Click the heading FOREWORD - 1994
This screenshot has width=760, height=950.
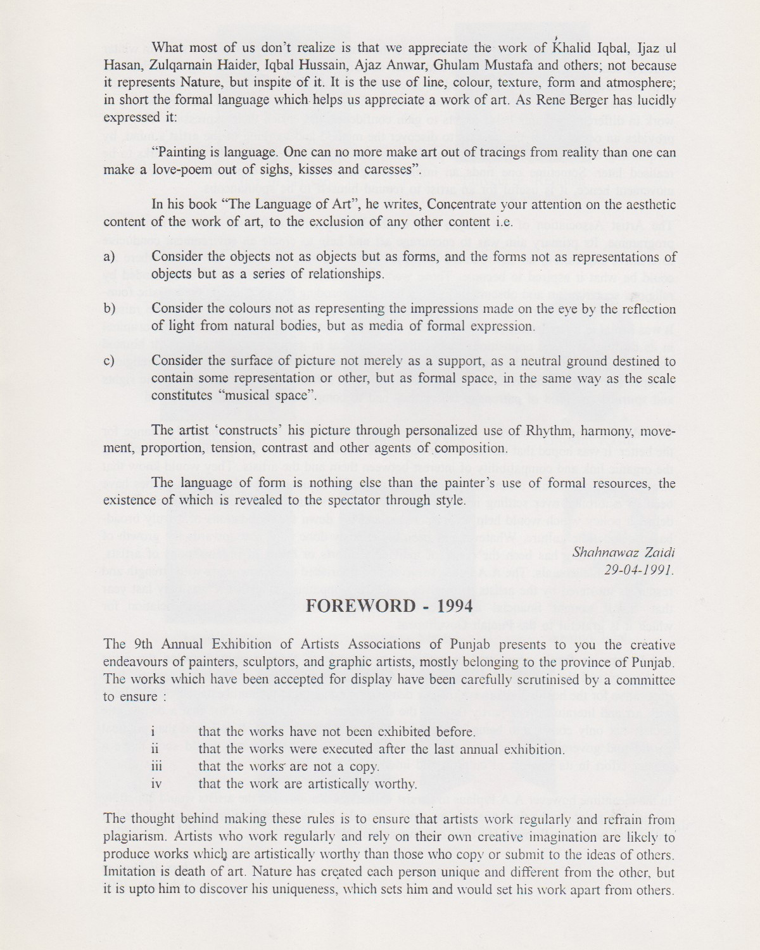[x=389, y=606]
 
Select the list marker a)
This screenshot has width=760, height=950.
[x=109, y=257]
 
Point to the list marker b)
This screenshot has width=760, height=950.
[x=109, y=309]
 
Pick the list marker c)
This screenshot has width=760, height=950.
[x=109, y=362]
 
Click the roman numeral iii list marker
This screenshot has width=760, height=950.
[x=156, y=766]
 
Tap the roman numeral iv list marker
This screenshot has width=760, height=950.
[x=156, y=784]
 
